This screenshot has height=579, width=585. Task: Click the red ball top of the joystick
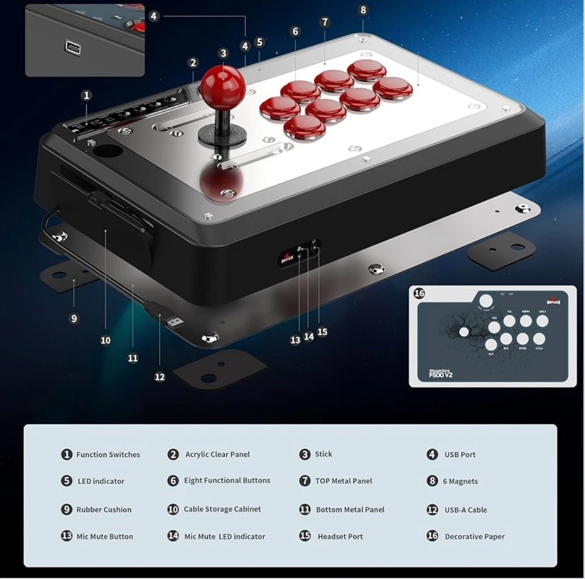223,84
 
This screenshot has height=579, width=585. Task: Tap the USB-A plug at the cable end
173,320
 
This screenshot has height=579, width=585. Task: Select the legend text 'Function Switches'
108,455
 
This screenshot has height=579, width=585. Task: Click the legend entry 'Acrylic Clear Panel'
218,455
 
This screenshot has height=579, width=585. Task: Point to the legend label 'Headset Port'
340,536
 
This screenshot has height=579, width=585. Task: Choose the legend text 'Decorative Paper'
475,536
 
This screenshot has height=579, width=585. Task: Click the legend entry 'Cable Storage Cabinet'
222,509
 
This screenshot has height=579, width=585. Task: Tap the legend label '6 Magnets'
460,481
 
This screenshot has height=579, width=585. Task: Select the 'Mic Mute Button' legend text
104,536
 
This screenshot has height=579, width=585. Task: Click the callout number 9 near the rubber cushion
74,318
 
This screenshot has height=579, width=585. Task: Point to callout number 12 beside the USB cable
160,377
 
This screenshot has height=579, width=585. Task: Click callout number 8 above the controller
363,10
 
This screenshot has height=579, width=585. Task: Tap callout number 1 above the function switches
87,95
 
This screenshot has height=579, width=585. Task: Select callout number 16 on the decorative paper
419,293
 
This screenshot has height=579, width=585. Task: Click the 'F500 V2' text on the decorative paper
440,375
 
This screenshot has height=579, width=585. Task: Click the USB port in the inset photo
69,46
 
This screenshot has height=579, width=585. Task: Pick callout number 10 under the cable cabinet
105,340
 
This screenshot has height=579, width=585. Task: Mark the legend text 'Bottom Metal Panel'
350,510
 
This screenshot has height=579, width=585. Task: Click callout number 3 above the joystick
223,54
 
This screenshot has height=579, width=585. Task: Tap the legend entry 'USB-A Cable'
465,510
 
